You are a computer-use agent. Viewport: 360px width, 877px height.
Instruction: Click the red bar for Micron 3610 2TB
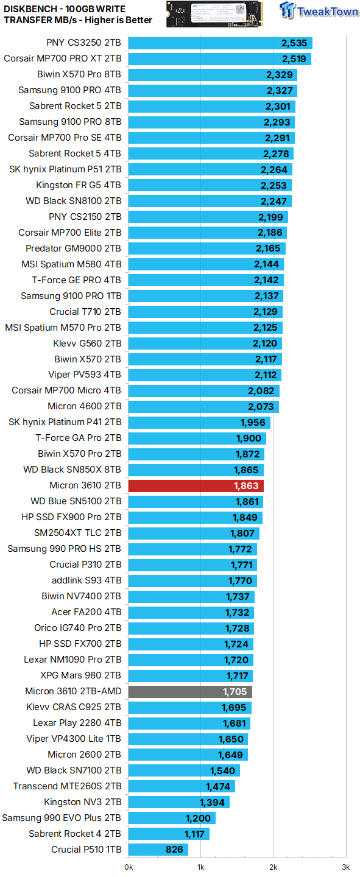tap(196, 485)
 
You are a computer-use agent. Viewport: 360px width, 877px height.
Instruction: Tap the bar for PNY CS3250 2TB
tap(220, 43)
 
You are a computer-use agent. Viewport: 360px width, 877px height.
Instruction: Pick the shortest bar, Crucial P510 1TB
tap(158, 850)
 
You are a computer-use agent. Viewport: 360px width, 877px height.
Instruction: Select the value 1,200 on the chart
tap(198, 818)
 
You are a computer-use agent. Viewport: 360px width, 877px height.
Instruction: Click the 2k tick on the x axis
tap(274, 867)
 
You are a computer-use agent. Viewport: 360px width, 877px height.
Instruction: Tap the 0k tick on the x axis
tap(129, 867)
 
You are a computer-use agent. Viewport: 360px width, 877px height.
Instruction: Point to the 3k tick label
tap(345, 867)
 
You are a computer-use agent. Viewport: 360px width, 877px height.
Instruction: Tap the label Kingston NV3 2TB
tap(82, 802)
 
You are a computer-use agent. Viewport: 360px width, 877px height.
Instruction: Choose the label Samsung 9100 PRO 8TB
tap(69, 122)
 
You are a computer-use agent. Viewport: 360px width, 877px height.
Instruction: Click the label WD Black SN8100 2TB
tap(73, 201)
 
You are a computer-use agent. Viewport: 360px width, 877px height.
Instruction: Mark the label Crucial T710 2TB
tap(85, 312)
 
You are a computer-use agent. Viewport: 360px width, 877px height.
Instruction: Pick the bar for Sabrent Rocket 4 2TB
tap(169, 834)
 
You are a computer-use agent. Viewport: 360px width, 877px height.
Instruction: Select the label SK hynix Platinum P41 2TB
tap(65, 422)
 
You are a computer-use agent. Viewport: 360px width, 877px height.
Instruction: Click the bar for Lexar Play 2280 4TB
tap(189, 723)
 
